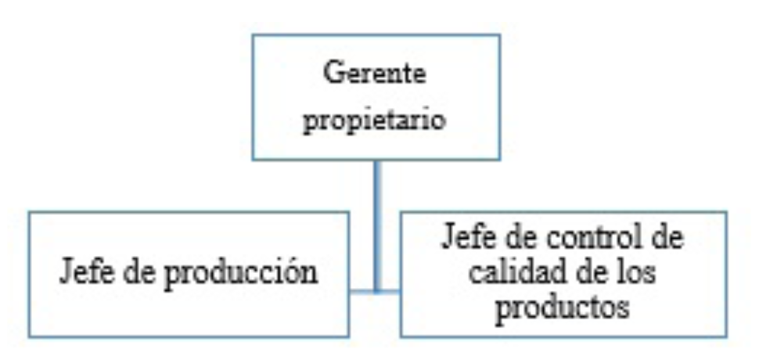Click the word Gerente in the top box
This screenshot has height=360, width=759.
(376, 76)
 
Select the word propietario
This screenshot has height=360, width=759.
(376, 124)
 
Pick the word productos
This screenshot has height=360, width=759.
(564, 307)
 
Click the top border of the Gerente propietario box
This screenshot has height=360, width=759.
(376, 35)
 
